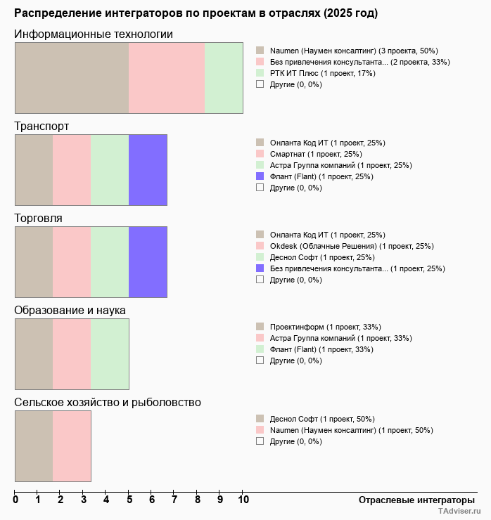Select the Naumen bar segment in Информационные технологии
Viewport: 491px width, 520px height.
coord(72,77)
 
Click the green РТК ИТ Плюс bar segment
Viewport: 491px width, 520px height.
coord(224,77)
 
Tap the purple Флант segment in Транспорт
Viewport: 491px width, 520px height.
coord(148,170)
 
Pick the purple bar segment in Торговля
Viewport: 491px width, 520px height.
coord(148,262)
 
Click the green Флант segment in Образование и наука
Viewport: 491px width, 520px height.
coord(110,354)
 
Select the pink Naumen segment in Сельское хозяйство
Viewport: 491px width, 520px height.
coord(72,446)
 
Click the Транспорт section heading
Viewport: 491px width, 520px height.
coord(42,126)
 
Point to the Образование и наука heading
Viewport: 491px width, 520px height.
coord(70,311)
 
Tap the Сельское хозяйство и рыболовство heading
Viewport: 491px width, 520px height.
coord(108,403)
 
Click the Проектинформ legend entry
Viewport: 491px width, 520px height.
coord(325,327)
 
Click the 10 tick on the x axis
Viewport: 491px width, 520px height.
coord(243,500)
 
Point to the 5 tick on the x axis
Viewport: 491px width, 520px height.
coord(129,500)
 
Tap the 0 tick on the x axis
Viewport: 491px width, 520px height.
coord(15,500)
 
